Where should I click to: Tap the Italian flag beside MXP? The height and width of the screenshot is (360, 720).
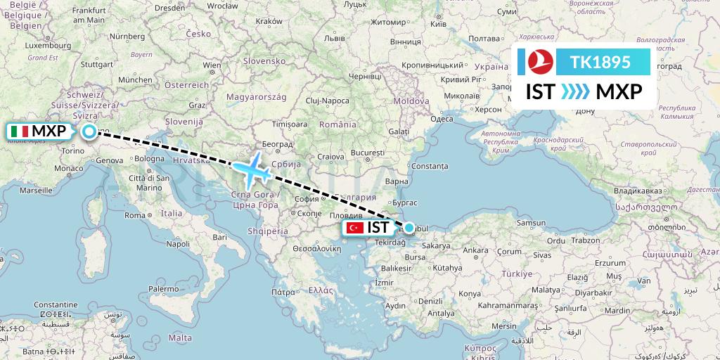20,131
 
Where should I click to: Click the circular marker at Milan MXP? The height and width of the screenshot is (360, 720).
89,131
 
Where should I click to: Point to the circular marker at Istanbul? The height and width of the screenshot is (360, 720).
409,227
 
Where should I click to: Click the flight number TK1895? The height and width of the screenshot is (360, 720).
600,63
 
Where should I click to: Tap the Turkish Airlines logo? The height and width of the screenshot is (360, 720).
536,63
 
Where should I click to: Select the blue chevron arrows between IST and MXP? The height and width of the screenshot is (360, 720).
576,92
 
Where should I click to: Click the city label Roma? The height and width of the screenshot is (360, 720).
135,215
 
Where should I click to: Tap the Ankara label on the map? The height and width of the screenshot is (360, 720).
476,250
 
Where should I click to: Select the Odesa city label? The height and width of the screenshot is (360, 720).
442,119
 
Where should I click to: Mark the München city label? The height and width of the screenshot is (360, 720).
135,79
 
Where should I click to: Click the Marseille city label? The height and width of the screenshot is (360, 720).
38,190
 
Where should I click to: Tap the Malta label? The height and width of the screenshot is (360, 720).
181,337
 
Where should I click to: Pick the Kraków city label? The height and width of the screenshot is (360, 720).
269,21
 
